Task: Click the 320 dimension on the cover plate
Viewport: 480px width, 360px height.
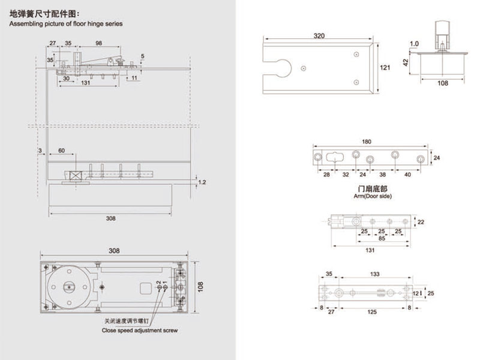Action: [319, 36]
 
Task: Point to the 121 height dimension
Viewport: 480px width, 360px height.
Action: [385, 67]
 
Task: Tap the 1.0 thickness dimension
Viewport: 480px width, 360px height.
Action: [414, 44]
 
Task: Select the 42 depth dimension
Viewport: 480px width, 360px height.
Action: [406, 62]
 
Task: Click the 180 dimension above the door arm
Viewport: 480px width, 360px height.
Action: [367, 142]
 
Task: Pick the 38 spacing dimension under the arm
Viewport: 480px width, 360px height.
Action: [382, 175]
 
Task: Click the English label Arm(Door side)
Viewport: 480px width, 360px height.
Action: [373, 196]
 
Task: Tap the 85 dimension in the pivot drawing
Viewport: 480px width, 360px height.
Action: [382, 238]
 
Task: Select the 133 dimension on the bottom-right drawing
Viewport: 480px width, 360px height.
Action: [374, 274]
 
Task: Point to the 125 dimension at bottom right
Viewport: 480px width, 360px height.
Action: [372, 312]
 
